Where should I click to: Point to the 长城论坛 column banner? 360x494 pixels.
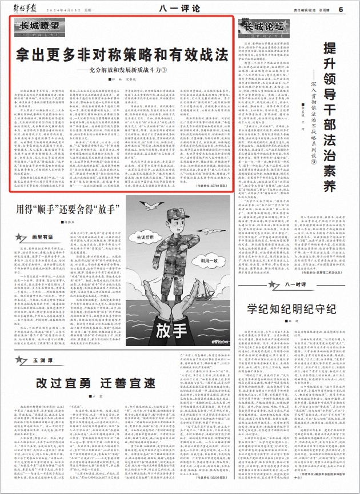point(264,27)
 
